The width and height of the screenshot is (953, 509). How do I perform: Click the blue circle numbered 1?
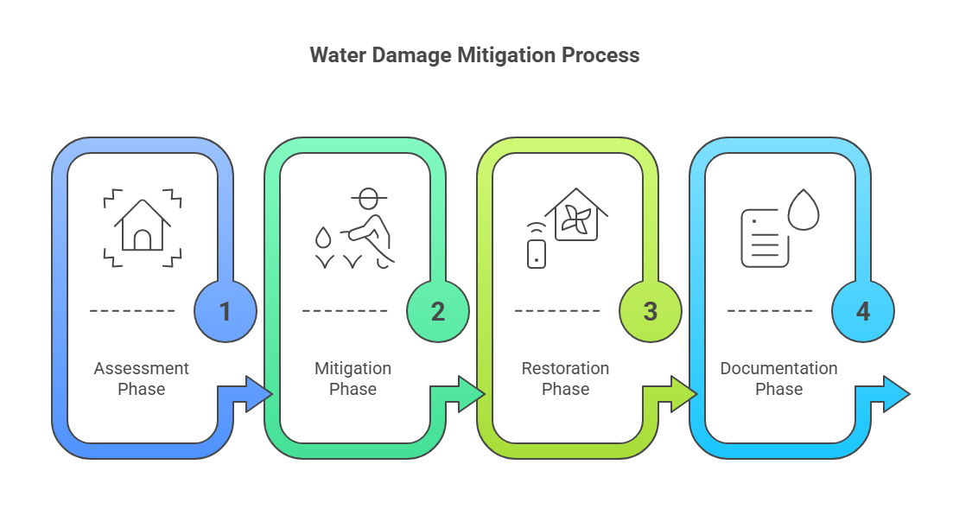click(x=226, y=311)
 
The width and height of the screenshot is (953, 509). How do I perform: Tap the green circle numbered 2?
click(x=438, y=311)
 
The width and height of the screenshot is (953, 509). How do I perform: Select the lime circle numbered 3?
click(x=651, y=311)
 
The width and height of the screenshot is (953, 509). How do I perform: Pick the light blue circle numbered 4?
click(x=863, y=311)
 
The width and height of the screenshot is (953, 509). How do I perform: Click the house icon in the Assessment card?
click(x=143, y=226)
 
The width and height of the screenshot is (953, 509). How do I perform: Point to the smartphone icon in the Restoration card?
click(x=537, y=252)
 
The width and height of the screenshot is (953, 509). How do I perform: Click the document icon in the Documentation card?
click(x=765, y=238)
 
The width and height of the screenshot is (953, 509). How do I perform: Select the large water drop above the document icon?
click(x=804, y=209)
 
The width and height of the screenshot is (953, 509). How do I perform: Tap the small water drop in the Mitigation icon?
click(x=323, y=236)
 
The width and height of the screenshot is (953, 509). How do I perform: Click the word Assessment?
click(x=142, y=368)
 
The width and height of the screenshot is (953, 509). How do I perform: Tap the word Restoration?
click(x=565, y=368)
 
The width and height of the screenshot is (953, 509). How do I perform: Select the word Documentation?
click(x=778, y=368)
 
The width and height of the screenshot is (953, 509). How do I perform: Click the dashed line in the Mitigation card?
click(x=345, y=310)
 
